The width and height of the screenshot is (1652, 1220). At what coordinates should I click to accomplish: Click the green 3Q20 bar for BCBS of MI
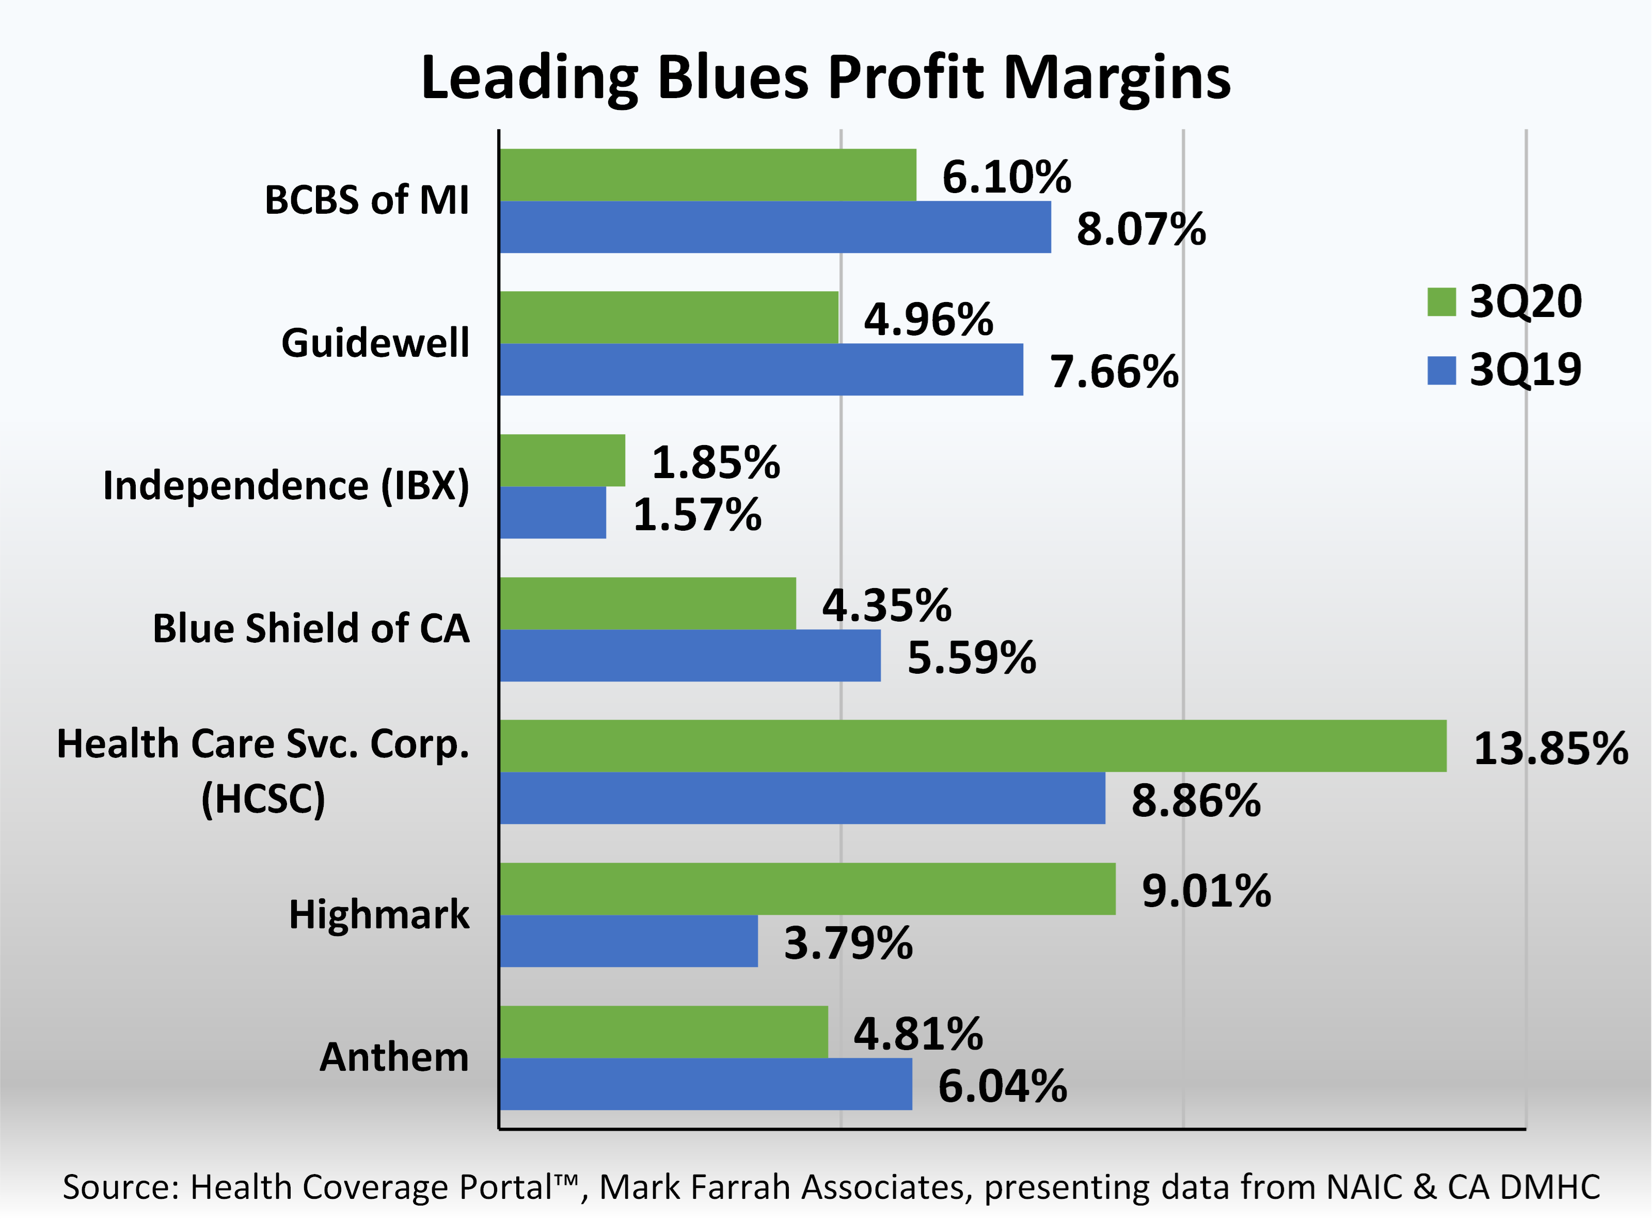(x=707, y=175)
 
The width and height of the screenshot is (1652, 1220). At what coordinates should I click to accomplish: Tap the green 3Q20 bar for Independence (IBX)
(x=563, y=460)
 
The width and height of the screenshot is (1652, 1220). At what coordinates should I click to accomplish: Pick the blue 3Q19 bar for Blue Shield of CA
(x=690, y=655)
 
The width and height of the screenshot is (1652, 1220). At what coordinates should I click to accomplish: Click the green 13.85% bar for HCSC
(x=973, y=746)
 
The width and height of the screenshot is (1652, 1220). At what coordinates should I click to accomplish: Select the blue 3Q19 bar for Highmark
(x=628, y=941)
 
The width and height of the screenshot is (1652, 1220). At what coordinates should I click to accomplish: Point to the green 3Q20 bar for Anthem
(x=663, y=1032)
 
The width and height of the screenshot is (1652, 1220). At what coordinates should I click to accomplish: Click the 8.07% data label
(x=1141, y=229)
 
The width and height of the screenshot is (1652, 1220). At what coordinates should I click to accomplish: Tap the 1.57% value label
(x=697, y=515)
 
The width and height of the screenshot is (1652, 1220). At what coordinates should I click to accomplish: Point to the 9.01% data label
(x=1206, y=891)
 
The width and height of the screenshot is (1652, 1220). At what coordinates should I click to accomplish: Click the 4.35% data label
(x=886, y=606)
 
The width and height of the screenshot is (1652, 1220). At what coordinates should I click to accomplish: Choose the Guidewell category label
(x=375, y=343)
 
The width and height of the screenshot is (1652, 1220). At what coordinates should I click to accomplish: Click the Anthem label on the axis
(x=393, y=1057)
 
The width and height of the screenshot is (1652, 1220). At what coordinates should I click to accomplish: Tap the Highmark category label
(x=379, y=915)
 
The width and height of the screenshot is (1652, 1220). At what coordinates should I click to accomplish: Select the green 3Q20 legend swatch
(x=1441, y=302)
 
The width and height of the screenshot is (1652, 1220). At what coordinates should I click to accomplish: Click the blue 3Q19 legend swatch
(x=1441, y=370)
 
